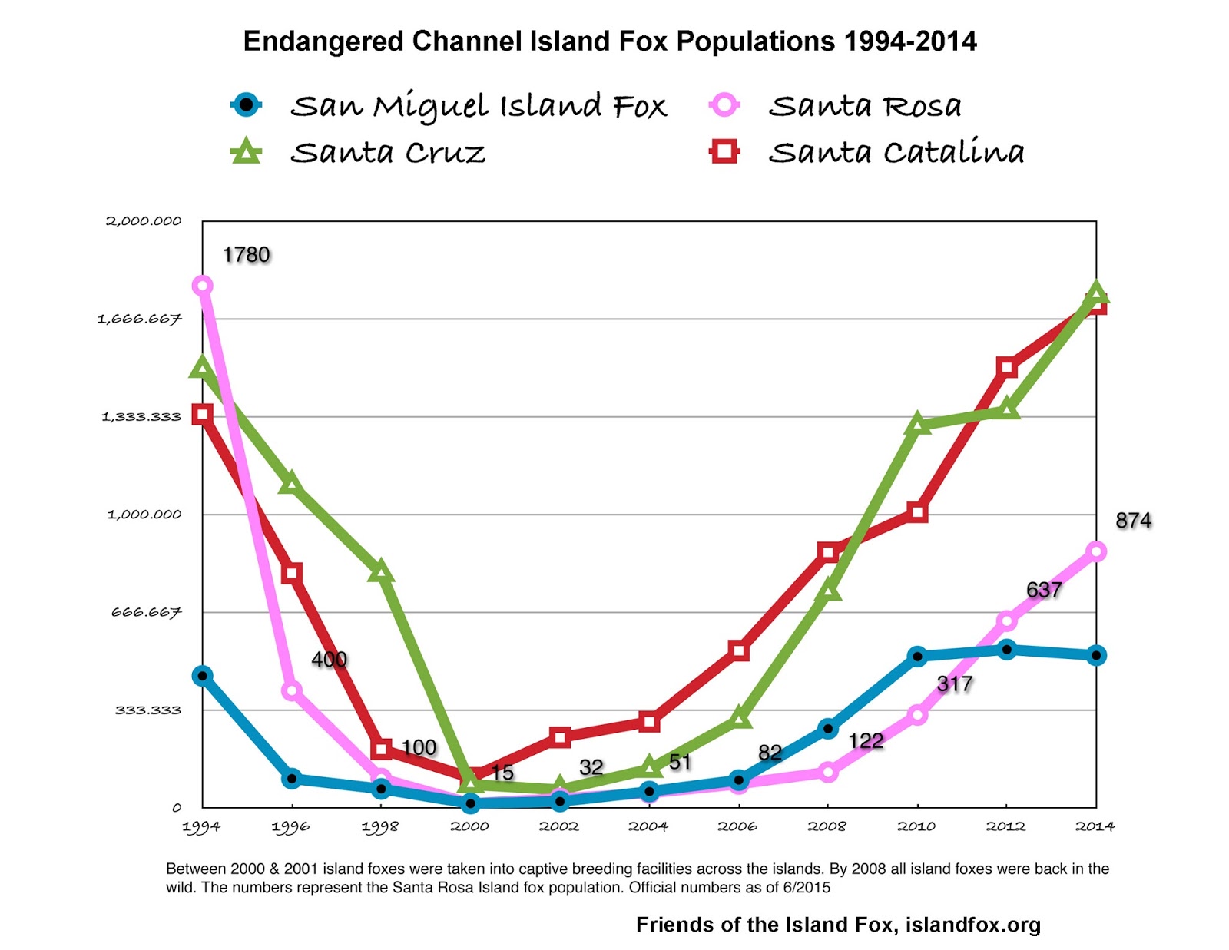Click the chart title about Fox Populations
click(610, 41)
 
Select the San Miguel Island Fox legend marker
click(247, 104)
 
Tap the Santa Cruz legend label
click(388, 152)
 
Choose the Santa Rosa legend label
click(865, 106)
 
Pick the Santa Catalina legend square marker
click(724, 151)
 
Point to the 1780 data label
click(246, 255)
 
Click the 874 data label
click(1133, 521)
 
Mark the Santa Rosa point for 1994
click(203, 286)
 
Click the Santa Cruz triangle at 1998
click(381, 572)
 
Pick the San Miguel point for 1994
click(203, 676)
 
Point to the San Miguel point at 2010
click(917, 657)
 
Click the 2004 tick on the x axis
click(648, 826)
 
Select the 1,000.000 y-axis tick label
click(144, 515)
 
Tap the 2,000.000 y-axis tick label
click(144, 221)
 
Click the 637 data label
click(1044, 590)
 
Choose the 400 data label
click(329, 659)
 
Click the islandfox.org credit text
click(838, 925)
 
